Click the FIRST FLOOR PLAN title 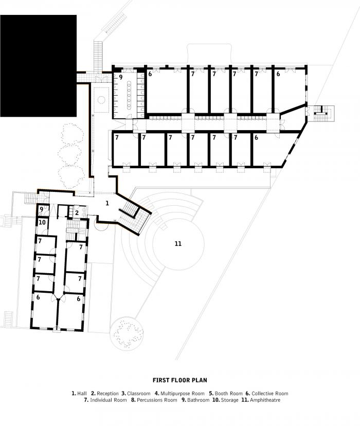(x=179, y=381)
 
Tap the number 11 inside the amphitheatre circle (x=178, y=243)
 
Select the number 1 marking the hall (x=107, y=203)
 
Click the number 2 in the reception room (x=77, y=212)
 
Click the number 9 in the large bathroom (x=121, y=77)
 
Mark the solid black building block (x=38, y=66)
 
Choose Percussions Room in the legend (x=154, y=400)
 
